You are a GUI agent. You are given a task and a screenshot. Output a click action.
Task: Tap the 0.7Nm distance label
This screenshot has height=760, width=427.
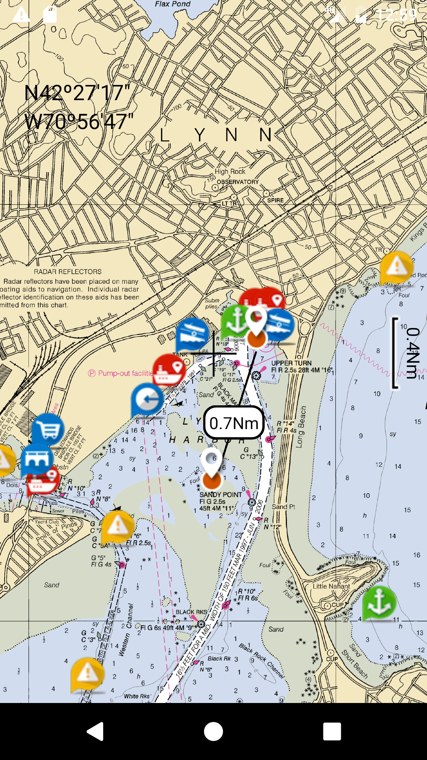(x=234, y=423)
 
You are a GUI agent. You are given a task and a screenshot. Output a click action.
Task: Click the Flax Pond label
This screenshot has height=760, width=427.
(x=173, y=4)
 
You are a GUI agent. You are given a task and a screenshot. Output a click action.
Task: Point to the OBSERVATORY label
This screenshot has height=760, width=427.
(x=238, y=182)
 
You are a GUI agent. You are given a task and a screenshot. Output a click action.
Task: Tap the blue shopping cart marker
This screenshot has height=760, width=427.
(x=47, y=429)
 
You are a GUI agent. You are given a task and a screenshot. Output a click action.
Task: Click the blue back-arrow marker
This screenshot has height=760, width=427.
(x=147, y=399)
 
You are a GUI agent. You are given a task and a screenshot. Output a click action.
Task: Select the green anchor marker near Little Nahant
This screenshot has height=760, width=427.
(x=379, y=602)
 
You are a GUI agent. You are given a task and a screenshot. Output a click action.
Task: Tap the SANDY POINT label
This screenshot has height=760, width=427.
(x=221, y=495)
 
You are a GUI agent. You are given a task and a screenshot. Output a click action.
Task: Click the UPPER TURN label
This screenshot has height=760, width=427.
(x=291, y=363)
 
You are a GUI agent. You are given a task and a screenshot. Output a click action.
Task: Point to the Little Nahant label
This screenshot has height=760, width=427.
(x=331, y=586)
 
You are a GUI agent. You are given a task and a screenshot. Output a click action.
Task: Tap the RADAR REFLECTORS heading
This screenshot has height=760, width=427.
(x=68, y=272)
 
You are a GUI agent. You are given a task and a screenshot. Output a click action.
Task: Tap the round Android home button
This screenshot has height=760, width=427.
(x=213, y=731)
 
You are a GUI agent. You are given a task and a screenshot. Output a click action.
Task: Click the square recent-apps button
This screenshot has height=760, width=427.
(x=332, y=731)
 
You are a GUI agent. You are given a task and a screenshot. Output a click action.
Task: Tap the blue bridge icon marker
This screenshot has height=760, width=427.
(x=37, y=459)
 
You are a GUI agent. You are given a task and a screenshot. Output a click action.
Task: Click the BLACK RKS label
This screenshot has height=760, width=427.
(x=191, y=612)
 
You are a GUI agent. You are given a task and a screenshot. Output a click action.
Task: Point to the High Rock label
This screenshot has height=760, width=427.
(x=230, y=171)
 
